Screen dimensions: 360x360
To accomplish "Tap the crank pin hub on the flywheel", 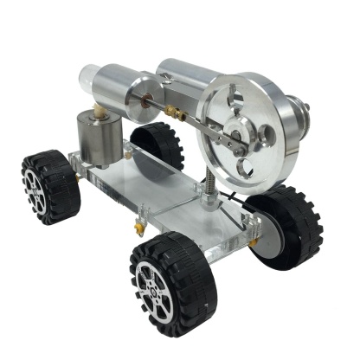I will (235, 136).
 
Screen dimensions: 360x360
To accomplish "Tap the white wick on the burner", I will (101, 113).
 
